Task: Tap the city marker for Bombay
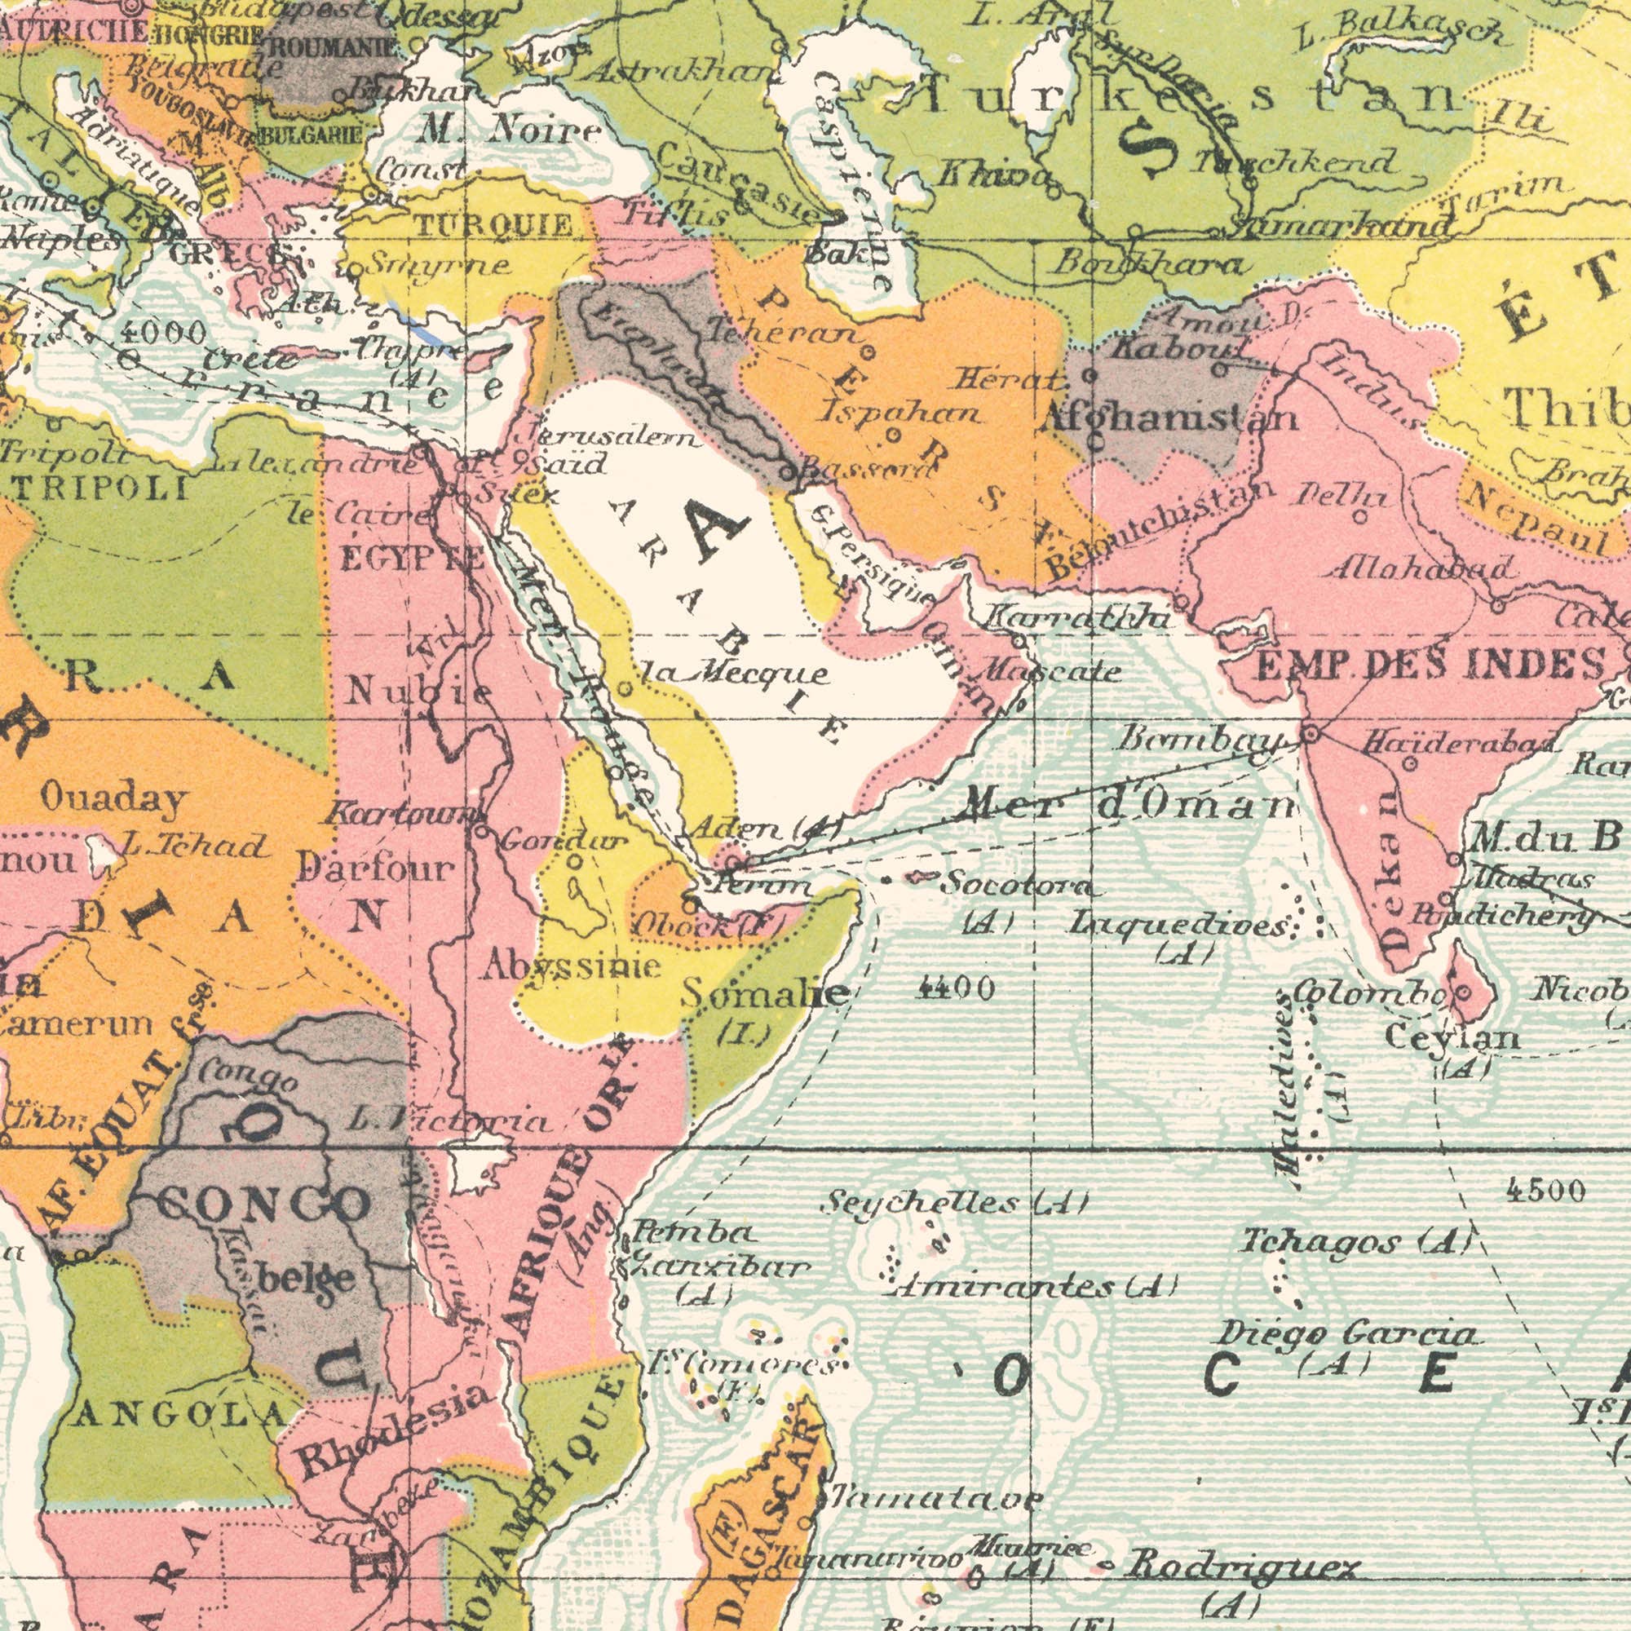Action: (1311, 711)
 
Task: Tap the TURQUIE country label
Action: (498, 224)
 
